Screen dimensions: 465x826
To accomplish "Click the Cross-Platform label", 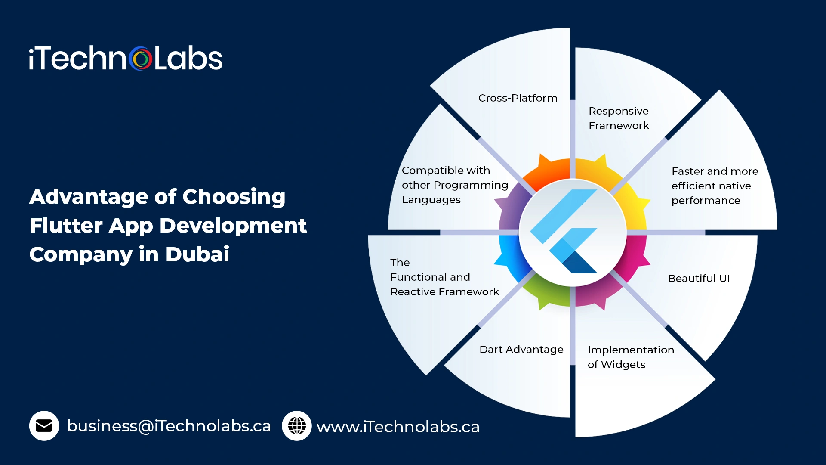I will click(518, 98).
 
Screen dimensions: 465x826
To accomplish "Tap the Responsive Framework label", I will click(619, 118).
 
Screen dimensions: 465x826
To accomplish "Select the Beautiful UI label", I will click(699, 279).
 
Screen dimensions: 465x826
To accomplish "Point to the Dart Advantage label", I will click(521, 350).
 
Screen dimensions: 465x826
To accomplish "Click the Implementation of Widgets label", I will click(630, 357).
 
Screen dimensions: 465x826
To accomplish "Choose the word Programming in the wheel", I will click(471, 185).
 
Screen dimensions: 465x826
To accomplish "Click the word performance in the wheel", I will click(706, 201).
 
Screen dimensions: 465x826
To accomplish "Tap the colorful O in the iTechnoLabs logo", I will click(140, 59).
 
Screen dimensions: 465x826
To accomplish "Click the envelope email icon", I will click(44, 426).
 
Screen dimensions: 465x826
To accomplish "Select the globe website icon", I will click(296, 426).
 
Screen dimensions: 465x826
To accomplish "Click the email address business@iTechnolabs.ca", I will click(169, 426).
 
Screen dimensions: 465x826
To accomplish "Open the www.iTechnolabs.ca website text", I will click(398, 427).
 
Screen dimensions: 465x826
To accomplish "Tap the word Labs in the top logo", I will click(188, 59).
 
